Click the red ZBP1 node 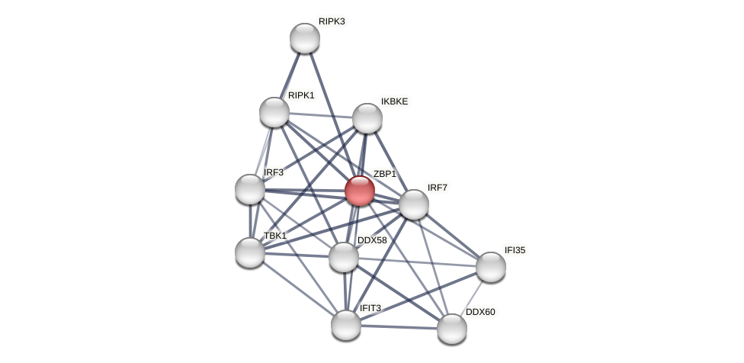pyautogui.click(x=360, y=191)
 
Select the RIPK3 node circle pyautogui.click(x=305, y=38)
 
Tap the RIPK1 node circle pyautogui.click(x=274, y=112)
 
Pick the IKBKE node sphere pyautogui.click(x=367, y=118)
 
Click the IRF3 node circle pyautogui.click(x=250, y=189)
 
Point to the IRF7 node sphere pyautogui.click(x=414, y=204)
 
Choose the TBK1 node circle pyautogui.click(x=250, y=252)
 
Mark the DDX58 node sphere pyautogui.click(x=344, y=257)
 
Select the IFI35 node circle pyautogui.click(x=491, y=267)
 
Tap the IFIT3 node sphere pyautogui.click(x=346, y=325)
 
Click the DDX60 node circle pyautogui.click(x=452, y=329)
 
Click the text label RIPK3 pyautogui.click(x=332, y=21)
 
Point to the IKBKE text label pyautogui.click(x=394, y=101)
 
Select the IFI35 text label pyautogui.click(x=515, y=250)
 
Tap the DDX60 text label pyautogui.click(x=480, y=312)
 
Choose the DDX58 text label pyautogui.click(x=372, y=240)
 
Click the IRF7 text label pyautogui.click(x=438, y=188)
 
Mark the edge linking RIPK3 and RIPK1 pyautogui.click(x=290, y=75)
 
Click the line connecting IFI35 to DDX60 pyautogui.click(x=472, y=297)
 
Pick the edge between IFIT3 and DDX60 pyautogui.click(x=399, y=327)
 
